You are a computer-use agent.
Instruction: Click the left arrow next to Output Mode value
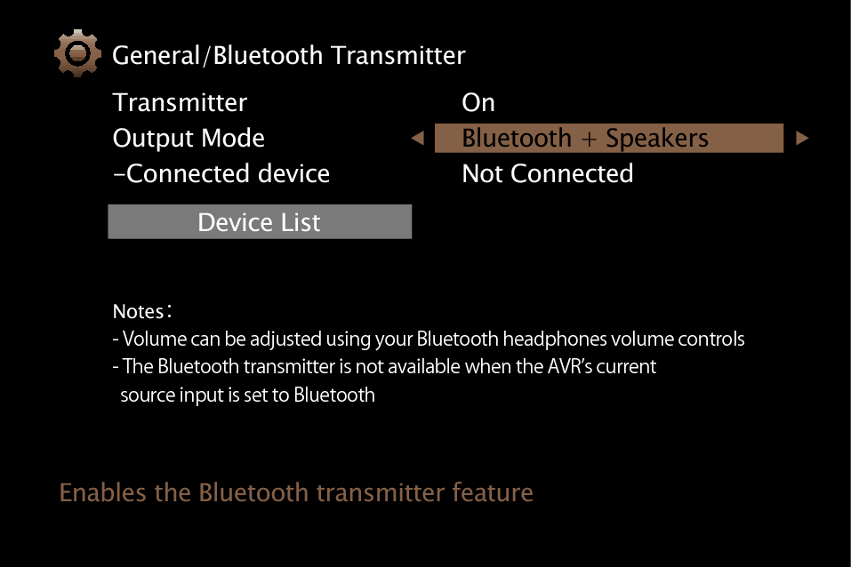pyautogui.click(x=417, y=139)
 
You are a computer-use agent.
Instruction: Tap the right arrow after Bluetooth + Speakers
pyautogui.click(x=802, y=139)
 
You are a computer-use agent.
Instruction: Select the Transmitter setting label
pyautogui.click(x=180, y=102)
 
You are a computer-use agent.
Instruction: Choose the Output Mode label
pyautogui.click(x=189, y=139)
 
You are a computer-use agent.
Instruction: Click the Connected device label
pyautogui.click(x=221, y=173)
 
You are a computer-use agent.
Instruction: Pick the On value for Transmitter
pyautogui.click(x=478, y=102)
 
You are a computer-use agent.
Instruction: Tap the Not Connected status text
pyautogui.click(x=547, y=173)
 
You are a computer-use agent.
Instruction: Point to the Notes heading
pyautogui.click(x=140, y=312)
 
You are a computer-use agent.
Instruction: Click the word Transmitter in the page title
pyautogui.click(x=397, y=55)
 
